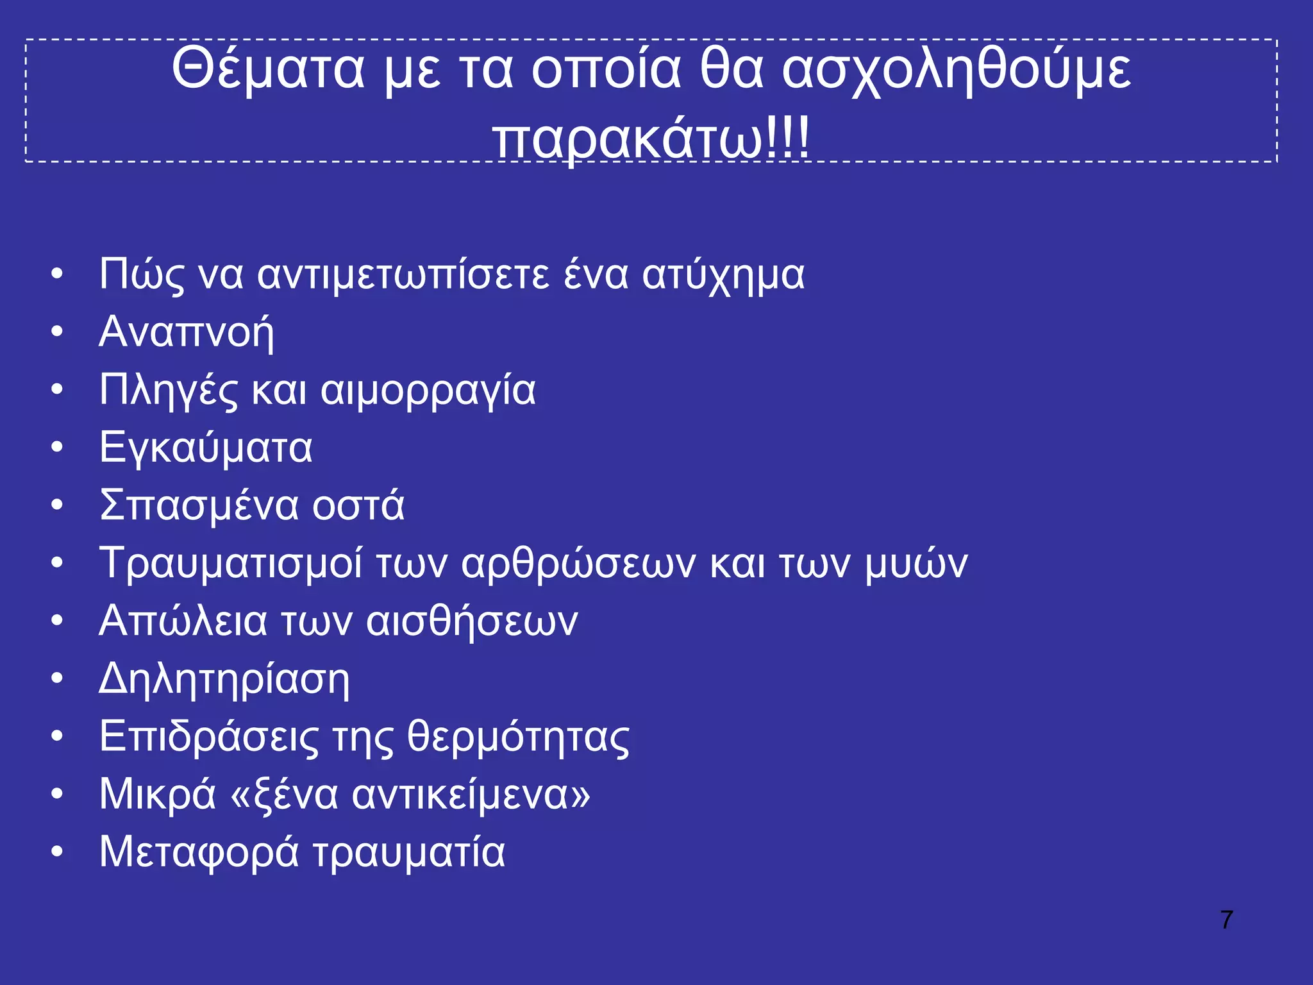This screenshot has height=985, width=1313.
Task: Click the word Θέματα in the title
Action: pos(267,69)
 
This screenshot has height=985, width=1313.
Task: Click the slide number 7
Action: pos(1226,920)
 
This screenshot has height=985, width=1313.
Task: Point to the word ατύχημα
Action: pos(723,276)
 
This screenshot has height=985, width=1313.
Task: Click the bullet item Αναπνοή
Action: pos(187,332)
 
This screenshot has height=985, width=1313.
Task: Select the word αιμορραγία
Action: pos(428,391)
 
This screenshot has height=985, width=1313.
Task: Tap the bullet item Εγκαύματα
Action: pos(206,448)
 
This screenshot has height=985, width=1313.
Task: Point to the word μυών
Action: pos(916,564)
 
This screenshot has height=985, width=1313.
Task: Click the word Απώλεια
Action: pos(183,621)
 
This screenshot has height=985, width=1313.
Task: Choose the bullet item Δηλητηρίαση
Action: pos(224,680)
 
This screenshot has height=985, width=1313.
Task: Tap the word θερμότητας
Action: pos(519,737)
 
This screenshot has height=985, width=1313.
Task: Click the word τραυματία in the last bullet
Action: pos(409,853)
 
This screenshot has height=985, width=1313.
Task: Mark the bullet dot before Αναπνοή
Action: pos(57,332)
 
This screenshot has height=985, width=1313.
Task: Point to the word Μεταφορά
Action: pos(199,853)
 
